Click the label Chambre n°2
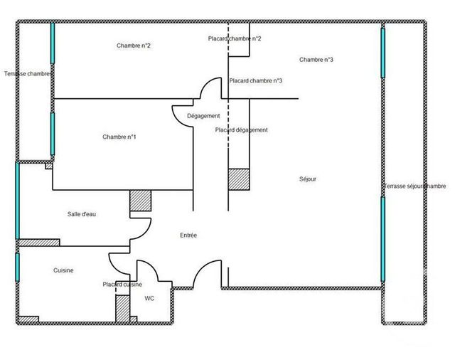tap(133, 46)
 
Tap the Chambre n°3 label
tap(316, 60)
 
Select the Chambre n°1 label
tap(119, 137)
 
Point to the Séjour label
tap(308, 179)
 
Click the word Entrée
tap(188, 235)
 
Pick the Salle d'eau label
tap(82, 214)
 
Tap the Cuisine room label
tap(64, 270)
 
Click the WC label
tap(149, 299)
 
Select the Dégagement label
tap(203, 116)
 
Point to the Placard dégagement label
tap(241, 130)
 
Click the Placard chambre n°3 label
tap(256, 80)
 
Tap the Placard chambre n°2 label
tap(235, 38)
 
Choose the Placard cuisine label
tap(122, 285)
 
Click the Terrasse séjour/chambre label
tap(415, 186)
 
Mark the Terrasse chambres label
tap(28, 73)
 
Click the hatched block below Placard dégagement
tap(238, 179)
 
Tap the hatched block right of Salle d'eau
tap(140, 201)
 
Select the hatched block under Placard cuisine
tap(123, 307)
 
